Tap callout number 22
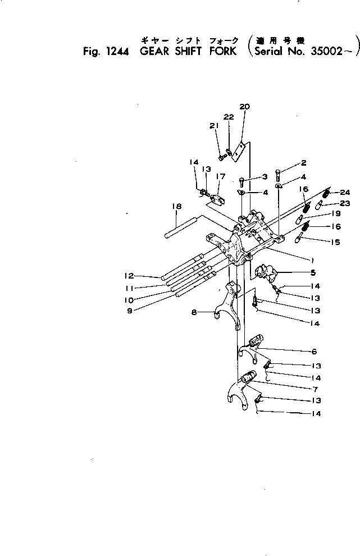(x=229, y=117)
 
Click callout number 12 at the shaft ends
(x=129, y=276)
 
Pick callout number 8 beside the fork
(x=194, y=313)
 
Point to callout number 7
(x=314, y=389)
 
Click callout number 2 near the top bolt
(x=303, y=163)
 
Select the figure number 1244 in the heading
(x=116, y=52)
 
